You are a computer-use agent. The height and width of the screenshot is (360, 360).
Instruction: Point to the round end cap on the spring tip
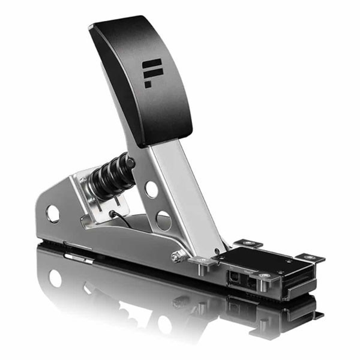point(128,160)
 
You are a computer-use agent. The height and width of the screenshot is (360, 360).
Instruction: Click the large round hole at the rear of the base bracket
point(53,213)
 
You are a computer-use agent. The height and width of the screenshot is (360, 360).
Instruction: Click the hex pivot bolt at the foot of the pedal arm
point(177,256)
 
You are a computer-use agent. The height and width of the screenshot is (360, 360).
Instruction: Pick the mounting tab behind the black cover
point(248,243)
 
